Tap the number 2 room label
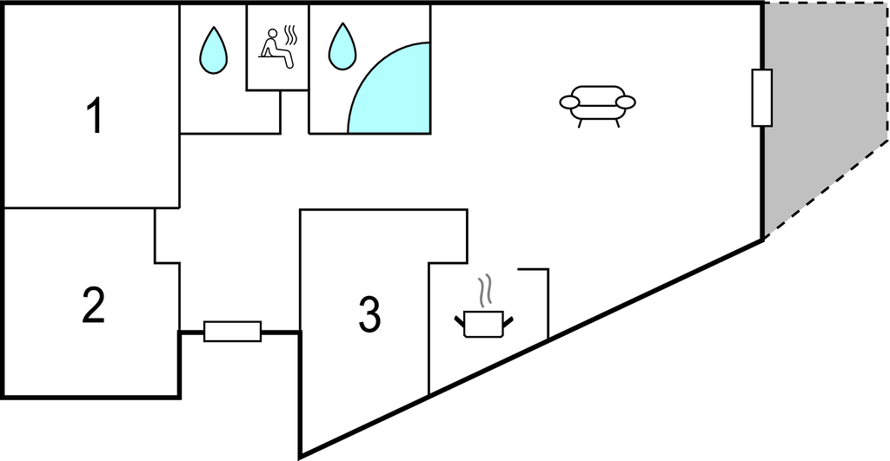tap(94, 305)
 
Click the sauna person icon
tap(278, 49)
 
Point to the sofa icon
tap(597, 106)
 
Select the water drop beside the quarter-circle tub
tap(342, 47)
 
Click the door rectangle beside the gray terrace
tap(761, 97)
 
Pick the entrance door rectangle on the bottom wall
tap(233, 331)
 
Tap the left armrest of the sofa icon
tap(569, 102)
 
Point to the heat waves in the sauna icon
tap(290, 36)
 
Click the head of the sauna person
tap(272, 33)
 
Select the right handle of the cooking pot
tap(508, 322)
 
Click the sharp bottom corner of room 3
tap(300, 455)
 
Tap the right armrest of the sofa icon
tap(626, 102)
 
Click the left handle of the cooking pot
tap(460, 322)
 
